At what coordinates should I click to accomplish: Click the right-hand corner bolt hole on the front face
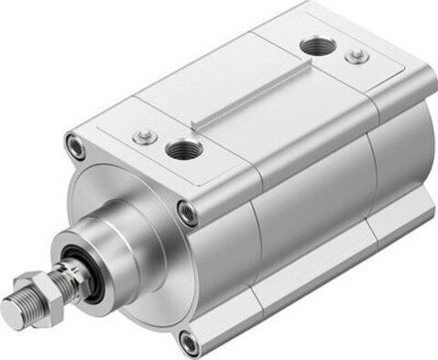(186, 211)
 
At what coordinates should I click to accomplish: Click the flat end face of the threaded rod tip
(11, 316)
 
